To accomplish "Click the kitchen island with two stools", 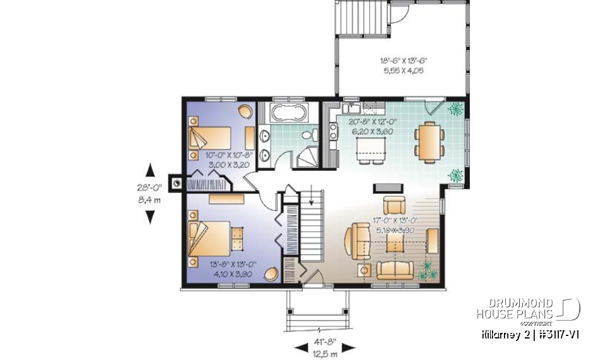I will pos(371,149).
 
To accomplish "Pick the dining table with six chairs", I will pos(427,142).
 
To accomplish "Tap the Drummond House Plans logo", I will pos(528,308).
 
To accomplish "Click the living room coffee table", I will pos(393,247).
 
